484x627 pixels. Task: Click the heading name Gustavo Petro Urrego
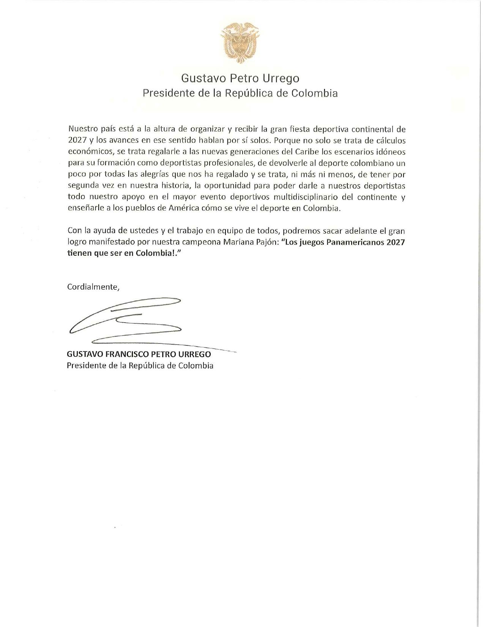click(240, 78)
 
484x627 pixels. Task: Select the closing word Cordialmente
click(93, 287)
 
